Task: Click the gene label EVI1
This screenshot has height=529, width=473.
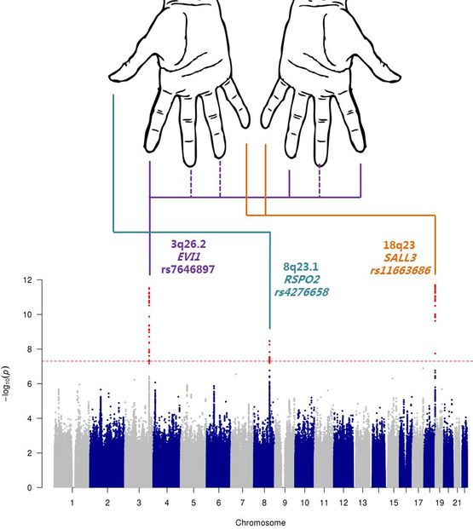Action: pyautogui.click(x=188, y=256)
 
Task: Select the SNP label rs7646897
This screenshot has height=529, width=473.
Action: pyautogui.click(x=188, y=269)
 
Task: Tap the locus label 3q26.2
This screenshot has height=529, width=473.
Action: pyautogui.click(x=188, y=244)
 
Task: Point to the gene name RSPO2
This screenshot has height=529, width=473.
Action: pyautogui.click(x=302, y=279)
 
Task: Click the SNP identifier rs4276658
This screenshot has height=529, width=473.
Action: pyautogui.click(x=302, y=292)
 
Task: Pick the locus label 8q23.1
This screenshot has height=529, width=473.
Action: pyautogui.click(x=301, y=267)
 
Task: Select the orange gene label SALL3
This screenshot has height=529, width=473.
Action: pyautogui.click(x=400, y=258)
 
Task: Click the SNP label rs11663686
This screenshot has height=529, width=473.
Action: pyautogui.click(x=401, y=270)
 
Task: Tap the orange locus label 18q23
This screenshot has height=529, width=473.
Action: pyautogui.click(x=399, y=245)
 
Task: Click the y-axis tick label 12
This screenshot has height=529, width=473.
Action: pyautogui.click(x=27, y=280)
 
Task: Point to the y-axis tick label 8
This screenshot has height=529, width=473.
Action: pyautogui.click(x=30, y=349)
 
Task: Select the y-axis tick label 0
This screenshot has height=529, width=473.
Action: pyautogui.click(x=30, y=487)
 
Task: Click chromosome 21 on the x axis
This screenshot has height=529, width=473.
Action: pyautogui.click(x=457, y=503)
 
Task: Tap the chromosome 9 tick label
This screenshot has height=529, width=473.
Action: pyautogui.click(x=285, y=503)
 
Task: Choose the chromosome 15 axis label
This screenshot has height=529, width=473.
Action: pyautogui.click(x=394, y=503)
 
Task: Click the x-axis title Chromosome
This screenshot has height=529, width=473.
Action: pyautogui.click(x=260, y=522)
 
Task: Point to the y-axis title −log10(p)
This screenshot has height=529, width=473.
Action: pyautogui.click(x=7, y=383)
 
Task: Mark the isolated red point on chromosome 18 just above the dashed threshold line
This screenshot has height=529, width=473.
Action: pyautogui.click(x=436, y=354)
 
